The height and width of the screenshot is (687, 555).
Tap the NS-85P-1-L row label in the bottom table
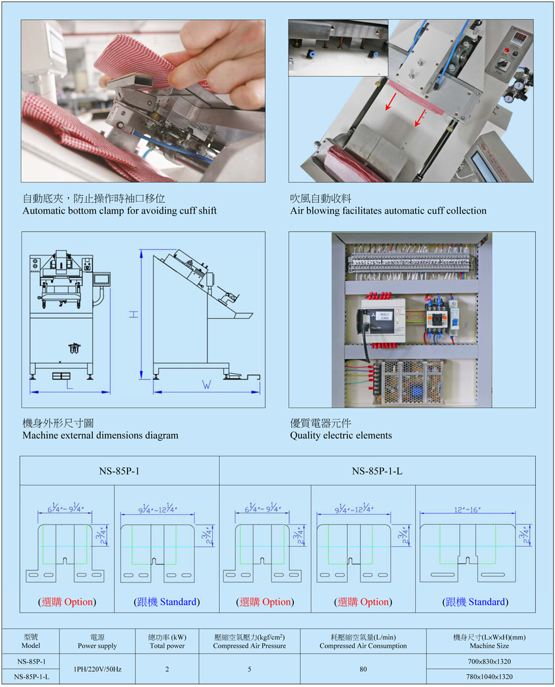click(31, 676)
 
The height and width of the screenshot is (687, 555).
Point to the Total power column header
click(167, 642)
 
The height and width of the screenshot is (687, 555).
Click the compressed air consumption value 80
click(362, 669)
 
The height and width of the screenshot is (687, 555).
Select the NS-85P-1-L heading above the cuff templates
click(377, 471)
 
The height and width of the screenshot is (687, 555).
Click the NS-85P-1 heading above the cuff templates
click(119, 471)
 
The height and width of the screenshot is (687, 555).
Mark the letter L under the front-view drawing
click(69, 386)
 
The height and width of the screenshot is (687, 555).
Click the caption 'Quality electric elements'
click(341, 436)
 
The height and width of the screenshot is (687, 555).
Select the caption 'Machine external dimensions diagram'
click(100, 436)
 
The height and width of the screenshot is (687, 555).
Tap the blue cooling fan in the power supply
click(418, 391)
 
